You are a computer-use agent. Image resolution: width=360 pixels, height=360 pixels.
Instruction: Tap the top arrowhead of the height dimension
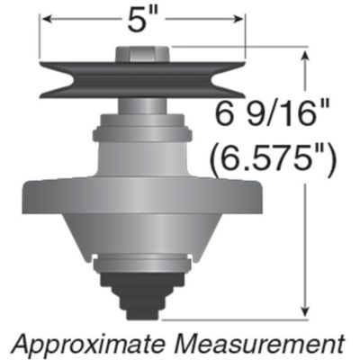click(x=310, y=55)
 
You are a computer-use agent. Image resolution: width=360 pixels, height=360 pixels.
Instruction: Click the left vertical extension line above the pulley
click(x=38, y=40)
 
